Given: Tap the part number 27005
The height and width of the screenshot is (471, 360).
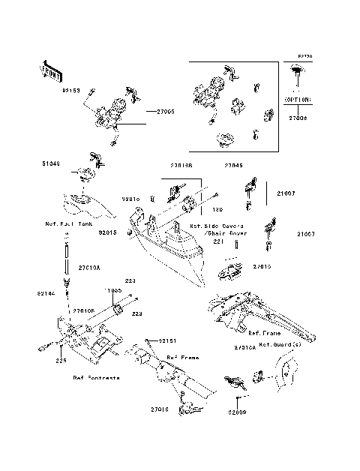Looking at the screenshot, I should point(166,111).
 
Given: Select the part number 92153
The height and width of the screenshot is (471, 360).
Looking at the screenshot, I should point(72,91).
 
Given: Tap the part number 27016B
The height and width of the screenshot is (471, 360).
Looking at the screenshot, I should point(181,166).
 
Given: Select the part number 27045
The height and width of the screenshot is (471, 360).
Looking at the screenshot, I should point(234,166).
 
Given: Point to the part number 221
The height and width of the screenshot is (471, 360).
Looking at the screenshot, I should point(218,242).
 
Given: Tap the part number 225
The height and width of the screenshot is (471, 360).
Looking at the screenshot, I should point(60,361).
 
